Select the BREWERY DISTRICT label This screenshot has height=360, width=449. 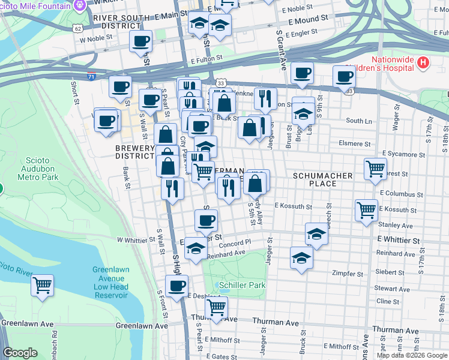135,152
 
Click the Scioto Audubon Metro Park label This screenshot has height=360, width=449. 41,169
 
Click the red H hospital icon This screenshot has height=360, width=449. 423,62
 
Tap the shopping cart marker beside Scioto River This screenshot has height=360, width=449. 42,286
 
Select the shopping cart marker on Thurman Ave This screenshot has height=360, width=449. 216,308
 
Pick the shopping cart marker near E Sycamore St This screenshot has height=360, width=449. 375,169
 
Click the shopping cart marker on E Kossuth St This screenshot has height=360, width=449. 366,211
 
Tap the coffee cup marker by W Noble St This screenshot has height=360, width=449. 141,41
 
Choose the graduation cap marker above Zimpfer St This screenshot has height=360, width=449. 301,258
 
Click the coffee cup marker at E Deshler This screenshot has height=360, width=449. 176,286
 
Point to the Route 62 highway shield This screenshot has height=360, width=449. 78,28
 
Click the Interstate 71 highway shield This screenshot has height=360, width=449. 91,77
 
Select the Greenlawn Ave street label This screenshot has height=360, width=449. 143,326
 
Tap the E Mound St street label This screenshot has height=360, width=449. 307,20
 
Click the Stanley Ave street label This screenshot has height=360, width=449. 399,226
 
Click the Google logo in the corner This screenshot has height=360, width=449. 20,353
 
